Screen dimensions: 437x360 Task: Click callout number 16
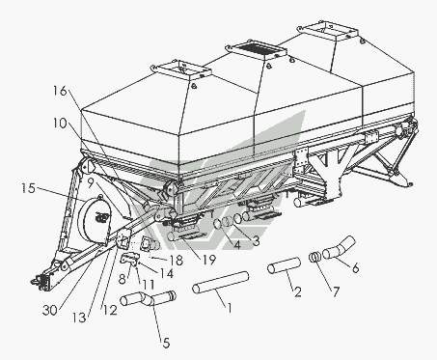[x=60, y=91]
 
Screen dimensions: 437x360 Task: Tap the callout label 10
[x=60, y=123]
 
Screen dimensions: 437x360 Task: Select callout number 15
[x=28, y=188]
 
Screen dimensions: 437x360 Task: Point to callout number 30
[x=49, y=310]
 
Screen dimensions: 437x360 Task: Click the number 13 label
[x=79, y=318]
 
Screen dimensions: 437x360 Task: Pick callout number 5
[x=166, y=343]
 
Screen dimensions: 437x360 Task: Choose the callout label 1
[x=230, y=308]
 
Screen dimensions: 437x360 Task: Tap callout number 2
[x=298, y=291]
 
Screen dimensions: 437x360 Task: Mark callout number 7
[x=336, y=291]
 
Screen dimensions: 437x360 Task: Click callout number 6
[x=355, y=267]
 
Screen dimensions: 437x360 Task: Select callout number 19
[x=208, y=260]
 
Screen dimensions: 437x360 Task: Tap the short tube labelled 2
[x=285, y=265]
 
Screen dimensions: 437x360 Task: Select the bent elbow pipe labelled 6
[x=339, y=248]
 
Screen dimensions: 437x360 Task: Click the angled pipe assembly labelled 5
[x=148, y=298]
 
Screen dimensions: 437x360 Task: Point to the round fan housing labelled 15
[x=95, y=219]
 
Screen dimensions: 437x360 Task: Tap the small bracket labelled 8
[x=130, y=259]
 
